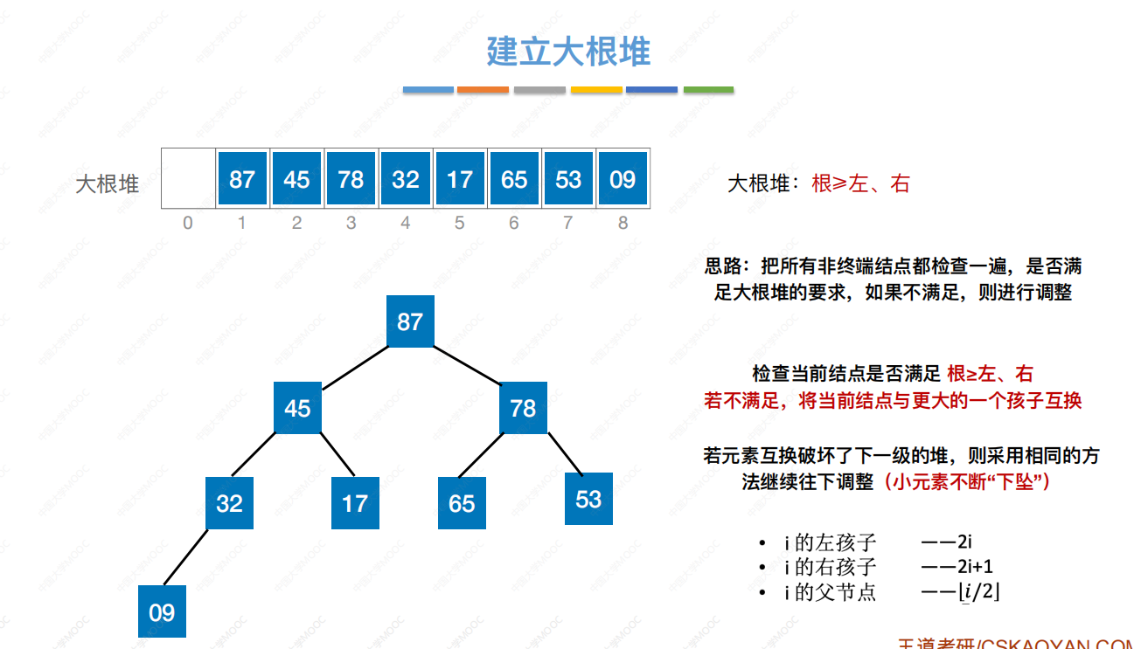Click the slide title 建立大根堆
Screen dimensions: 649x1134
point(568,52)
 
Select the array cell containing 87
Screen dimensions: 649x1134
point(241,179)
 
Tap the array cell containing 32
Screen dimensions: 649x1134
point(405,179)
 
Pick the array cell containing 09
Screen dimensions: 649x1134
point(623,179)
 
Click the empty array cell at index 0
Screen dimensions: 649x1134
point(188,179)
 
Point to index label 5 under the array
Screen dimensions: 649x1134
point(459,224)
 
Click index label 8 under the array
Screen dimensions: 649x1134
point(623,224)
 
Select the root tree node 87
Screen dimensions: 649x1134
point(410,321)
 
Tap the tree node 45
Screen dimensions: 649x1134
point(297,408)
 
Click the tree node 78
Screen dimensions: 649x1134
point(523,408)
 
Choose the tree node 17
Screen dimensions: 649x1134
point(355,503)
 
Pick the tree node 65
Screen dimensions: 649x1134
point(462,503)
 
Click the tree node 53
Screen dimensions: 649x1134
point(588,499)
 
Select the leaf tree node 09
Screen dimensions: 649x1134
point(162,612)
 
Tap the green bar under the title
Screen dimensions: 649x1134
point(708,89)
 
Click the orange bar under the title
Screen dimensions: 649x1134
point(483,89)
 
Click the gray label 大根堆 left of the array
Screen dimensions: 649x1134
point(108,184)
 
